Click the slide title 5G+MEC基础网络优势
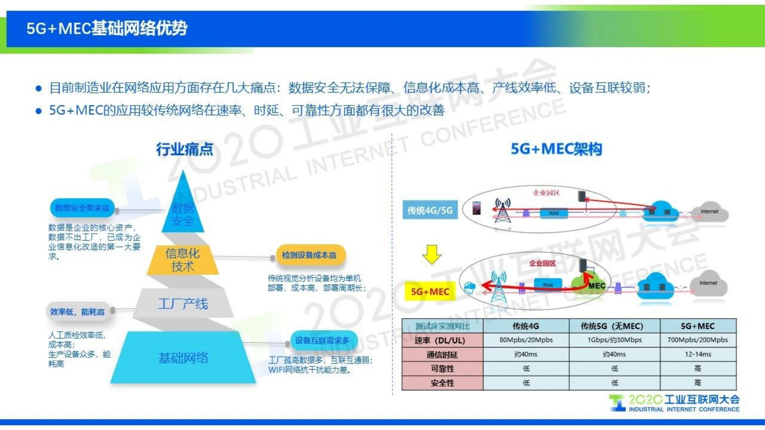(107, 28)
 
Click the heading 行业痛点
(184, 149)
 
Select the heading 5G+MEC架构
(556, 149)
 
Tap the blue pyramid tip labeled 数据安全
(183, 212)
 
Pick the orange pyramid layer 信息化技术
(182, 260)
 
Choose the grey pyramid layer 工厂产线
(183, 304)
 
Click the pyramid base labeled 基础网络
(183, 358)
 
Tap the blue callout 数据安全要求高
(82, 208)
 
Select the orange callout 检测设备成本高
(309, 255)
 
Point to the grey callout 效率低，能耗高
(78, 312)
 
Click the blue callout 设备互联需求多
(322, 340)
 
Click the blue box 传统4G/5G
(430, 210)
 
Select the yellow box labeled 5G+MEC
(430, 292)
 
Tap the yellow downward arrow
(431, 254)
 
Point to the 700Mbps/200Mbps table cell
(698, 340)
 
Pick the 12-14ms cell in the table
(698, 354)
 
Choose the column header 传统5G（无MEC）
(614, 326)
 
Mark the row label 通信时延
(442, 355)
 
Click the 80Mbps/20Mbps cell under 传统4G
(526, 340)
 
